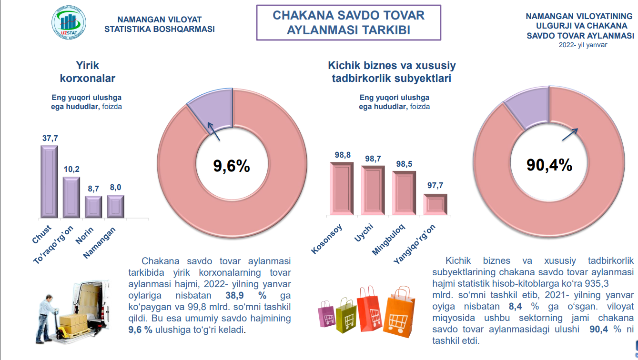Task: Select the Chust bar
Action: pos(49,181)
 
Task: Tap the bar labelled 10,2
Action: pos(71,197)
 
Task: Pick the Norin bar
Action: pos(93,206)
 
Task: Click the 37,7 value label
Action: pos(50,138)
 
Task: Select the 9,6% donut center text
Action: pos(232,166)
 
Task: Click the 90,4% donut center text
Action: pos(549,164)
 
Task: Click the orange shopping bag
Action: pos(401,313)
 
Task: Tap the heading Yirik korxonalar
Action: pos(88,72)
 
